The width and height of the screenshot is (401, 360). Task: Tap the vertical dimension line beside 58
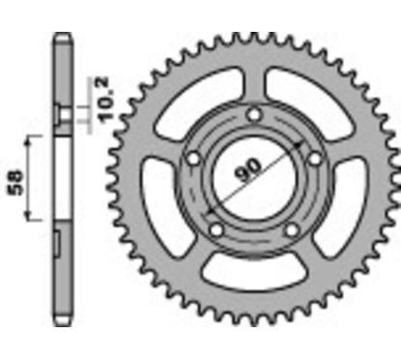(32, 180)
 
